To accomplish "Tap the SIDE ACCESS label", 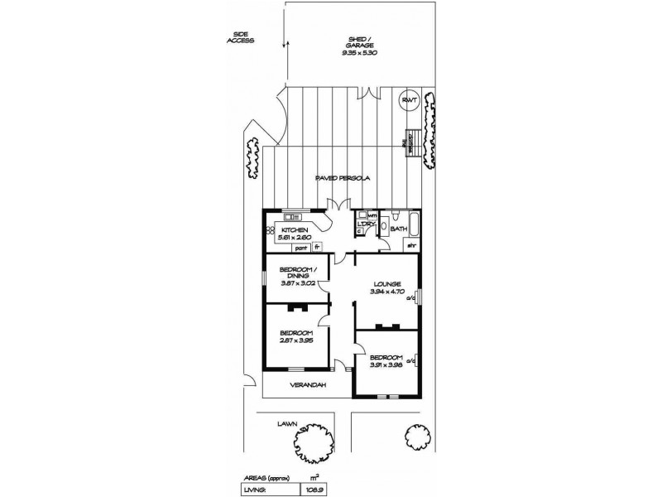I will tap(242, 37).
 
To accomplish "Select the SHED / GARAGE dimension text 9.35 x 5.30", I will tap(360, 52).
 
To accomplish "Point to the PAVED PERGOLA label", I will tap(342, 179).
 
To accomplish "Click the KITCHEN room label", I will tap(295, 229).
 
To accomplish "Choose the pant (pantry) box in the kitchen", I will tap(301, 247).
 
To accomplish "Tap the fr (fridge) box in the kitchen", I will tap(317, 247).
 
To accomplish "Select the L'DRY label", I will tap(366, 224).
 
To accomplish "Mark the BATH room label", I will tap(398, 229).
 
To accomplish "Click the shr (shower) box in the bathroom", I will tap(410, 246).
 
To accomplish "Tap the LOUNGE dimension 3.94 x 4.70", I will tap(387, 291).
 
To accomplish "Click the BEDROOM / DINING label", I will tap(295, 274).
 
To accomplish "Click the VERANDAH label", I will tap(307, 385).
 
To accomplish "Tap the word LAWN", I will tap(287, 422).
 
